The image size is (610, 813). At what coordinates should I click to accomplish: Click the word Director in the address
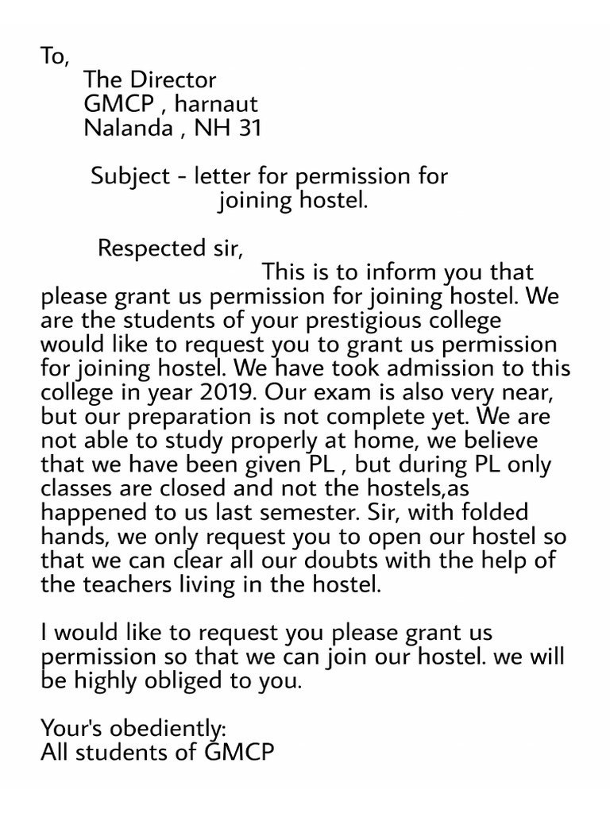click(x=175, y=80)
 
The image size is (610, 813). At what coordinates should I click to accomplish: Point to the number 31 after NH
click(x=249, y=128)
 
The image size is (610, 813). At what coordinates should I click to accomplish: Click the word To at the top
click(x=54, y=56)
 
